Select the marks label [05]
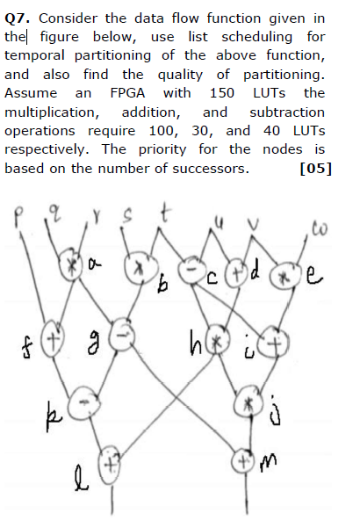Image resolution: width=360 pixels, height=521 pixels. pyautogui.click(x=315, y=168)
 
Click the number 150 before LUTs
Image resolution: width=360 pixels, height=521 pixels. pyautogui.click(x=222, y=93)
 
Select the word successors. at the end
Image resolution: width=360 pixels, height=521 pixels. pyautogui.click(x=208, y=168)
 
